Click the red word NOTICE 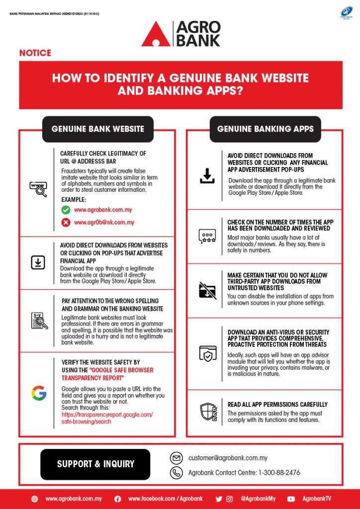35,53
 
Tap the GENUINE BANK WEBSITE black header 98,129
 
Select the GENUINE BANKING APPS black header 266,129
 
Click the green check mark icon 65,210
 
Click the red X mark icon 65,222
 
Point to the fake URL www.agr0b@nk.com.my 104,222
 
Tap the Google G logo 39,393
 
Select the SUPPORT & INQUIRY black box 95,464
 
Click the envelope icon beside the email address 176,458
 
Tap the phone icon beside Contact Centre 176,473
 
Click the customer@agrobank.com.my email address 228,458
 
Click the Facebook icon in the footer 118,499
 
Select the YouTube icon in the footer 291,499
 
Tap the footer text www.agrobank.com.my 74,499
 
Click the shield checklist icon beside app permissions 208,412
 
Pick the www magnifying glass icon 38,189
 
